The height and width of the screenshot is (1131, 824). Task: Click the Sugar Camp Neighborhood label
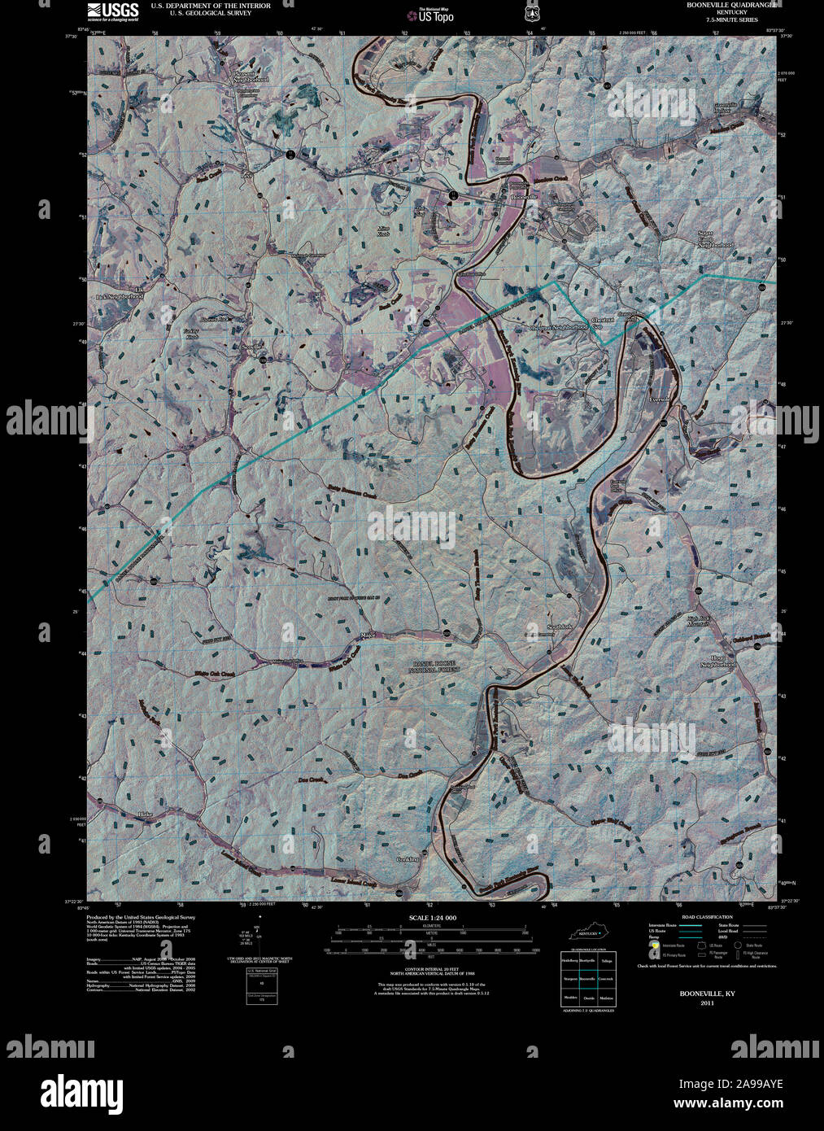click(x=716, y=239)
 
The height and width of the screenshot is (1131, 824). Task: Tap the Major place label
click(x=368, y=634)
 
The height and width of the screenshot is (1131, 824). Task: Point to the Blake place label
click(x=146, y=814)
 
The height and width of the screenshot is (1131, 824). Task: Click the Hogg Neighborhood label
click(x=717, y=661)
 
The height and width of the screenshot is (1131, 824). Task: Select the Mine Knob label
click(x=383, y=230)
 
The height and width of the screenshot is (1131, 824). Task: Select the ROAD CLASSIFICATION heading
click(x=707, y=916)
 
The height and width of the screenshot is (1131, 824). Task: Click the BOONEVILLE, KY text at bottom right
click(x=696, y=993)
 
